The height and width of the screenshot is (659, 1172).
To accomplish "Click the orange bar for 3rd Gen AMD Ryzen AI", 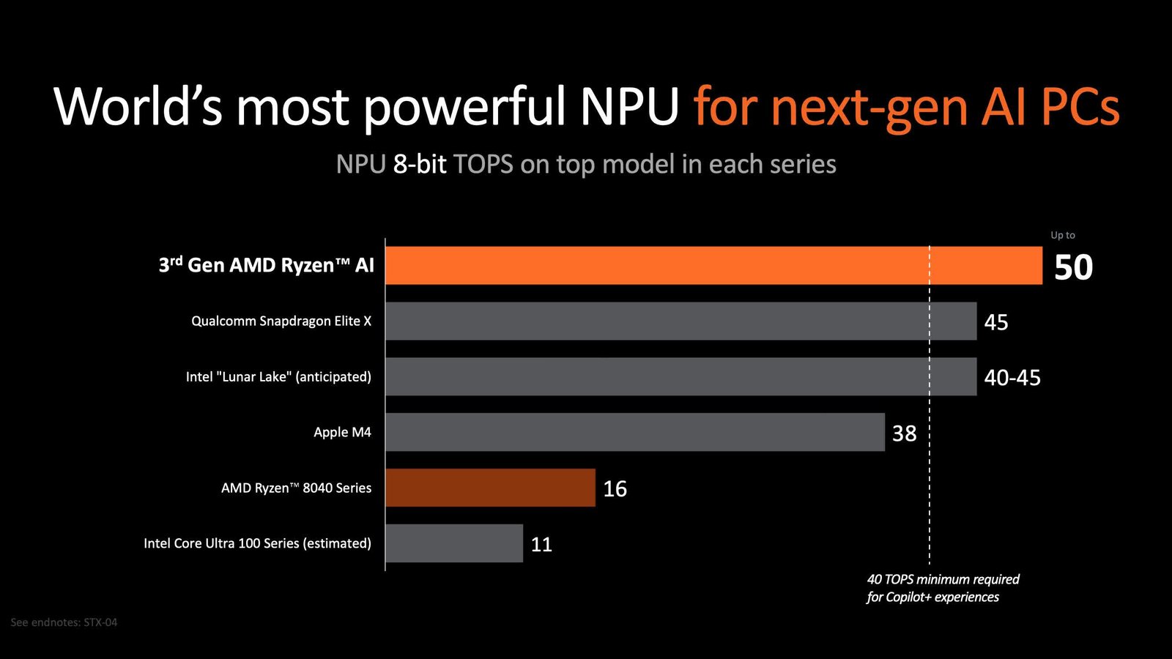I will click(713, 265).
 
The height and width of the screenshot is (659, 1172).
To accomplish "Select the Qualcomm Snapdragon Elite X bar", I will click(680, 321).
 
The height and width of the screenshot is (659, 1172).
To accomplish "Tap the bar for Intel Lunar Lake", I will click(680, 376).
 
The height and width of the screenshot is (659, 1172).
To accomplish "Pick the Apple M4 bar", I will click(634, 432).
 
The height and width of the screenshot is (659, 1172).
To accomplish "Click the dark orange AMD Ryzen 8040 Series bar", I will click(490, 488).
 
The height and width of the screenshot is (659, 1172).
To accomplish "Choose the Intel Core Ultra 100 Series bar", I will click(454, 543).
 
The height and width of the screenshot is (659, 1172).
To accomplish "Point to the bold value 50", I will click(1073, 267).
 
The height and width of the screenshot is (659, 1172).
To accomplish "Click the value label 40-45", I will click(1012, 378).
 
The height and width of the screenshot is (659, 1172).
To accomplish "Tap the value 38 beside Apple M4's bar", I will click(904, 433).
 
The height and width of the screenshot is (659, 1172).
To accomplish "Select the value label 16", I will click(615, 489).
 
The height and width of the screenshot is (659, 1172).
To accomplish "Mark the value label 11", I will click(541, 545).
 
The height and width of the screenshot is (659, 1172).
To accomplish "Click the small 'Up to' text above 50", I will click(1062, 235).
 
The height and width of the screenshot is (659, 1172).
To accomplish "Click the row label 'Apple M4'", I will click(342, 432).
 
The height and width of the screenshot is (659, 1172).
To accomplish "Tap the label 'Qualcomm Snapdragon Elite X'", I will click(281, 321).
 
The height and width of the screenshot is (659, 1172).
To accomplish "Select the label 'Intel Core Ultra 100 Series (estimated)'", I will click(257, 543).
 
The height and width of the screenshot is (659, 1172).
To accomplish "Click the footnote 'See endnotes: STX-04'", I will click(64, 622).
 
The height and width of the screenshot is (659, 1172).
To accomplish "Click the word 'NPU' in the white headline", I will click(630, 107).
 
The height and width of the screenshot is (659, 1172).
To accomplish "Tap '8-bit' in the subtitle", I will click(420, 165).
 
